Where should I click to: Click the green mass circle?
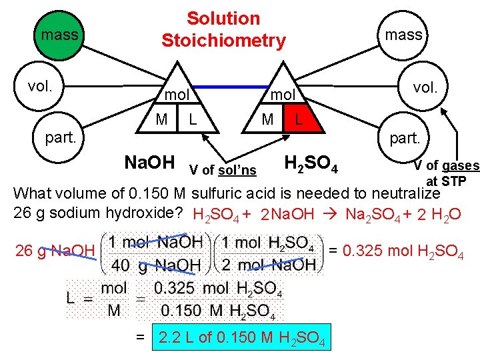click(59, 33)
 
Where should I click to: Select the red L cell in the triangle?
click(299, 121)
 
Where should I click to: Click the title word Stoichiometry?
click(223, 41)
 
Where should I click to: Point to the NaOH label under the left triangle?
click(150, 163)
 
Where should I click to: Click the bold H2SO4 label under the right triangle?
click(311, 163)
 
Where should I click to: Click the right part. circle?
click(405, 138)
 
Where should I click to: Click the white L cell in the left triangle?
click(192, 121)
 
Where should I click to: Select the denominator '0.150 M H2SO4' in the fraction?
click(218, 310)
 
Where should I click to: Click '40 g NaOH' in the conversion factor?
click(156, 265)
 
